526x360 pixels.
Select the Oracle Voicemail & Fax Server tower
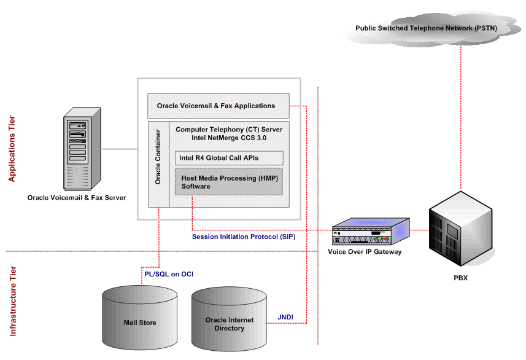tap(77, 151)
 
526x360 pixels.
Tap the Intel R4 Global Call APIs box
tap(228, 158)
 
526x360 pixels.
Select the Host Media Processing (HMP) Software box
tap(228, 182)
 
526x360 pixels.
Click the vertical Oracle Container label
tap(158, 157)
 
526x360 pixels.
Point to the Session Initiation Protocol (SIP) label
tap(244, 237)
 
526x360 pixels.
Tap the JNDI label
tap(285, 318)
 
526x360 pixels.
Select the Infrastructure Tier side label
tap(12, 301)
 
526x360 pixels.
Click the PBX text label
tap(460, 278)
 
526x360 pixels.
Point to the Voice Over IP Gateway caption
tap(365, 252)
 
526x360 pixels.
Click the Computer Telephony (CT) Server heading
tap(229, 130)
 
